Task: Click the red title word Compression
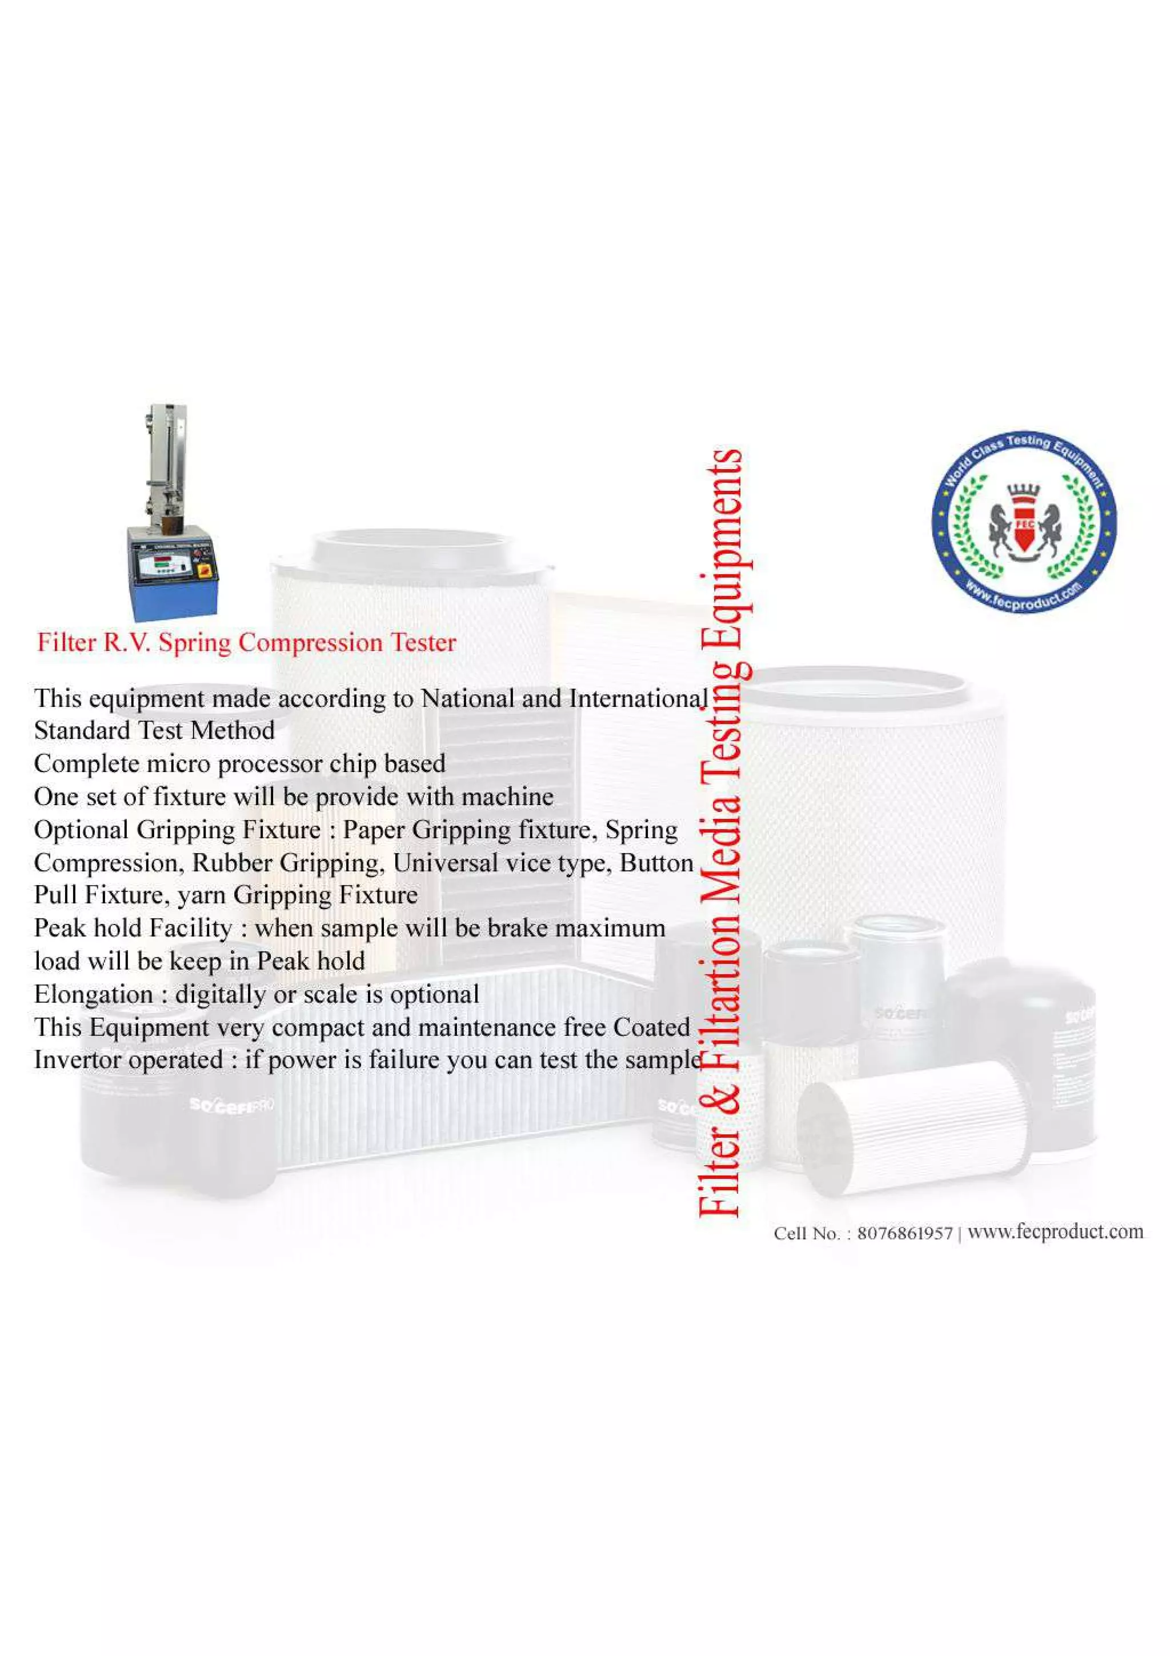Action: click(311, 643)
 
